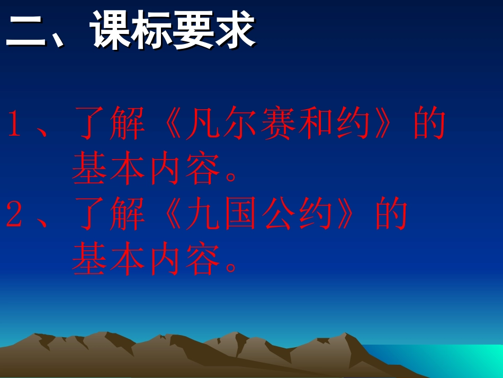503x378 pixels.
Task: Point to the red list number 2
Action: pos(14,215)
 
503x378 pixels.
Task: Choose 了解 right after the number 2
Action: pos(109,215)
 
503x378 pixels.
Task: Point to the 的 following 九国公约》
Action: pos(392,215)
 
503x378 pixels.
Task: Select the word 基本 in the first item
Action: pos(109,170)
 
